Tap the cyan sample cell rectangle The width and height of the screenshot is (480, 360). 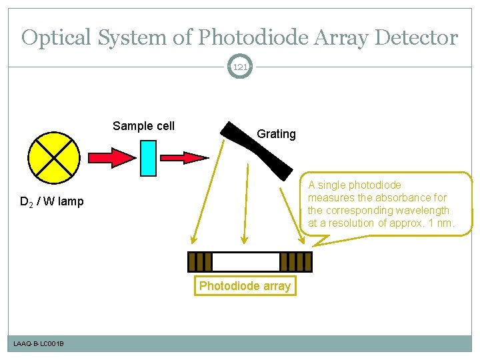(149, 158)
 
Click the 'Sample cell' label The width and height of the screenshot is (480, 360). (143, 126)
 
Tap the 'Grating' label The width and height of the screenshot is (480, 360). (276, 134)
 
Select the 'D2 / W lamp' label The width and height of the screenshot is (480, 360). (51, 201)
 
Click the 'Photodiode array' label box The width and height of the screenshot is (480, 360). (245, 286)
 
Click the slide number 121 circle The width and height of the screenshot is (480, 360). (240, 67)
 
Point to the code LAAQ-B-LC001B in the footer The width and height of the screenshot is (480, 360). (39, 343)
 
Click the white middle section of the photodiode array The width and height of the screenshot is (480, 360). (245, 261)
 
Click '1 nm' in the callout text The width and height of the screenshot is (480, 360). (440, 223)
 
